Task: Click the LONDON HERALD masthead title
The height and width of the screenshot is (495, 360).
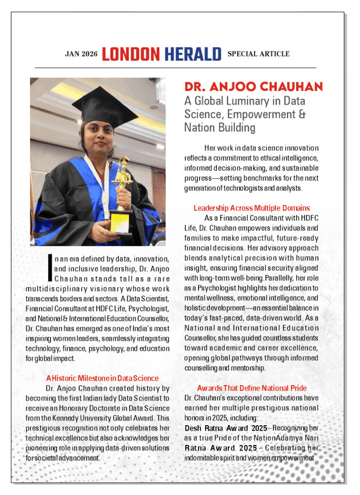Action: pyautogui.click(x=161, y=54)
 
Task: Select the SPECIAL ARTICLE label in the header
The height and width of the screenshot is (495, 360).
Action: pyautogui.click(x=258, y=54)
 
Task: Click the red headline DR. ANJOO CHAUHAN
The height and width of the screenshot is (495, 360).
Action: pyautogui.click(x=253, y=88)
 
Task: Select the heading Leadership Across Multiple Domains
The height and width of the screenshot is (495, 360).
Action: pyautogui.click(x=252, y=208)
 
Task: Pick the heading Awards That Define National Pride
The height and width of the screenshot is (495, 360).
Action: pyautogui.click(x=252, y=388)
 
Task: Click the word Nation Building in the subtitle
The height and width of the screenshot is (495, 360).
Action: pyautogui.click(x=220, y=128)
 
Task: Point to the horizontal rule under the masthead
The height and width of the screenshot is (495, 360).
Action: pyautogui.click(x=175, y=67)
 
